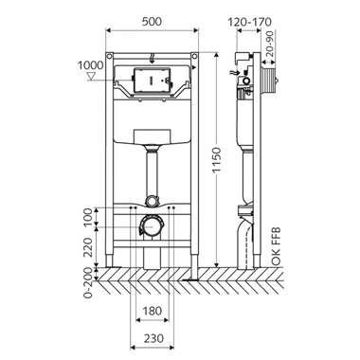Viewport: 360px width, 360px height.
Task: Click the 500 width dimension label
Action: tap(152, 22)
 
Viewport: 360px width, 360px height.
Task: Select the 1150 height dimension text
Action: tap(217, 160)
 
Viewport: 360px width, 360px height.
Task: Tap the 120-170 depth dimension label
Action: tap(249, 22)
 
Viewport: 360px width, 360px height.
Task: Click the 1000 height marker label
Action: tap(91, 65)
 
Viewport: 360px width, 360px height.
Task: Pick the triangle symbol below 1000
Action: tap(91, 76)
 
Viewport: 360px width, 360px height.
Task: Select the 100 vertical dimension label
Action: tap(90, 217)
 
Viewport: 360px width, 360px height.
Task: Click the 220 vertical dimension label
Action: tap(90, 247)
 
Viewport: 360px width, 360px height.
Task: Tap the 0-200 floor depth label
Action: tap(90, 284)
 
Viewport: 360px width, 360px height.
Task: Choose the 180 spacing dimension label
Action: tap(152, 311)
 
